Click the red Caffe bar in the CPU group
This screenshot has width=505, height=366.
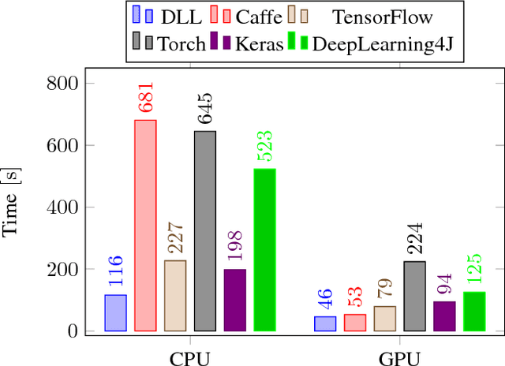coord(145,226)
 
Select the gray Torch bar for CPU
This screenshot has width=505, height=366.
coord(205,231)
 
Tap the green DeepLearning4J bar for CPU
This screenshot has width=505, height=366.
coord(264,250)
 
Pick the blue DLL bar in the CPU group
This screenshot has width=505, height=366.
coord(115,313)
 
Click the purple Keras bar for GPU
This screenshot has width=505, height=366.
coord(444,316)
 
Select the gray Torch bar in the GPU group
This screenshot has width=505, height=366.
coord(414,296)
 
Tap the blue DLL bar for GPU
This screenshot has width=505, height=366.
coord(324,323)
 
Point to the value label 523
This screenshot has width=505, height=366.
coord(265,147)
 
